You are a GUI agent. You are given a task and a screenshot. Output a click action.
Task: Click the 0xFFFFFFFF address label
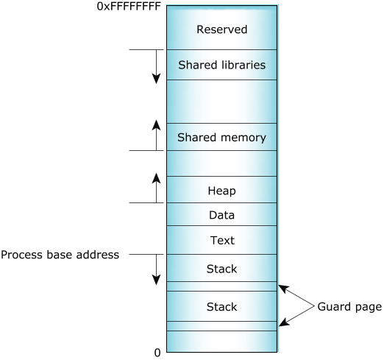(129, 7)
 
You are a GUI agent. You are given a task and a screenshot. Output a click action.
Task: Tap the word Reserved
(222, 29)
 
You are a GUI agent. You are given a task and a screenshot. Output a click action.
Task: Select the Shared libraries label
(222, 65)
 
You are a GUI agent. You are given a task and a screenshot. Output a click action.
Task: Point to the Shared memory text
(221, 138)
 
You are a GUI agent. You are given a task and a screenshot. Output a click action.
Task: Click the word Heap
(222, 191)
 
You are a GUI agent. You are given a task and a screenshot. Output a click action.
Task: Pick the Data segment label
(222, 215)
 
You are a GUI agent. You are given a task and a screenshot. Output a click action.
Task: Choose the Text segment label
(222, 241)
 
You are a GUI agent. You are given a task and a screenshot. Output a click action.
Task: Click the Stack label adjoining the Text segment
(222, 269)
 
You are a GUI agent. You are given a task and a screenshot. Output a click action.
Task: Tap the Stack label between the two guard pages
(222, 307)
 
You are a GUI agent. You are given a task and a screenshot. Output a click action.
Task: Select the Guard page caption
(349, 307)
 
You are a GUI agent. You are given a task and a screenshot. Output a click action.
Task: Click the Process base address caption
(60, 255)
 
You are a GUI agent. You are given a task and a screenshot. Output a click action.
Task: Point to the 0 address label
(157, 353)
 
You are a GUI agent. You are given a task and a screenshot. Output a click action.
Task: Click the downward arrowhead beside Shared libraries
(156, 79)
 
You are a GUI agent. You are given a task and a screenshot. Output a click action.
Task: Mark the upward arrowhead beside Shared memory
(156, 125)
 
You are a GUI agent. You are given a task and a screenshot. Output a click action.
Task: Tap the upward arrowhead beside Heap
(156, 178)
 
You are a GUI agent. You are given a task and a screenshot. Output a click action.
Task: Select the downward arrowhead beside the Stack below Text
(156, 280)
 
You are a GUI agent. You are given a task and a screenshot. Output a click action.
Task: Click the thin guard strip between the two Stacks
(222, 286)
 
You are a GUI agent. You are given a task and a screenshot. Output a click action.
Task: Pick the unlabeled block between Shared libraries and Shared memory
(222, 102)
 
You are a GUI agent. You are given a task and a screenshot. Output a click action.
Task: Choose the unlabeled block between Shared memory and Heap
(222, 163)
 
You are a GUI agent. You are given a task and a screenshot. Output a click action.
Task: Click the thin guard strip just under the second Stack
(222, 326)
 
